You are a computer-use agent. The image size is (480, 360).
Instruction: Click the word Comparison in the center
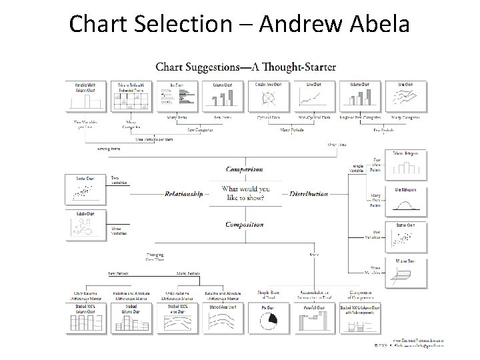coord(244,169)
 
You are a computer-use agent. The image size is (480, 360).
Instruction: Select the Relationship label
coord(184,194)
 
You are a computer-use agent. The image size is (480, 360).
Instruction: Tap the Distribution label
coord(309,194)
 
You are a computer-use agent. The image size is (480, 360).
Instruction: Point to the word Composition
coord(245,225)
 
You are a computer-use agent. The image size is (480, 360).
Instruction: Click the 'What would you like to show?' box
coord(245,193)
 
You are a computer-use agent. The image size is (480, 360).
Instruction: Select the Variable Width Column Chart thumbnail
coord(84,97)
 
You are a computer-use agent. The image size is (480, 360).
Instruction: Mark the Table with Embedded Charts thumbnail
coord(133,97)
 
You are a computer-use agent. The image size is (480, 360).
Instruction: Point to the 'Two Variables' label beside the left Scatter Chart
coord(119,180)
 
